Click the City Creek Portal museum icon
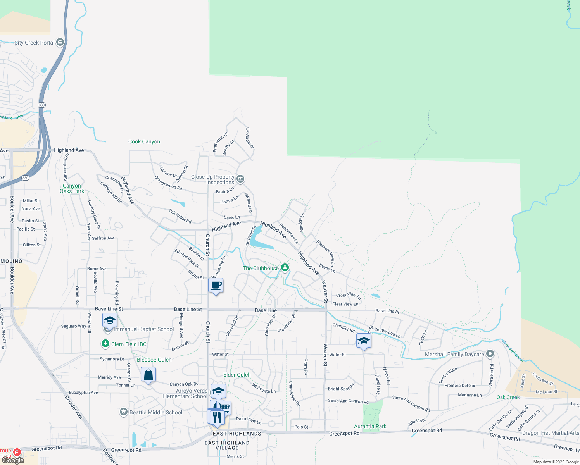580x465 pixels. click(x=60, y=42)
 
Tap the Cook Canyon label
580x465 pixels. click(x=144, y=142)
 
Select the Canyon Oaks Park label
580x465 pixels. click(x=72, y=188)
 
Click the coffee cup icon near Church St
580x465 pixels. click(x=216, y=286)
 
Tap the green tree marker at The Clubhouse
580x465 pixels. click(x=285, y=267)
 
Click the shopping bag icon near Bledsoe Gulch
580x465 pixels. click(x=148, y=375)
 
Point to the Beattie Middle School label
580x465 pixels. click(x=155, y=412)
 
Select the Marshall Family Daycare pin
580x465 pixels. click(x=490, y=354)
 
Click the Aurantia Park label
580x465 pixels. click(x=370, y=426)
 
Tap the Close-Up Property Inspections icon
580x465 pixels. click(x=240, y=179)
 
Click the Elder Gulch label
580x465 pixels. click(x=237, y=375)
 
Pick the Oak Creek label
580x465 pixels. click(x=508, y=397)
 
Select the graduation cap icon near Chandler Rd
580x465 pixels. click(x=364, y=341)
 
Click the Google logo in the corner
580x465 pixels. click(x=13, y=460)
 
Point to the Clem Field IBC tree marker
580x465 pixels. click(x=105, y=344)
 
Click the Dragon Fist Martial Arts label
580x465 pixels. click(x=551, y=433)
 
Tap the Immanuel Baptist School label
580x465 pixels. click(x=143, y=329)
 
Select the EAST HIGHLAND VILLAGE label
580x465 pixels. click(x=227, y=445)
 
